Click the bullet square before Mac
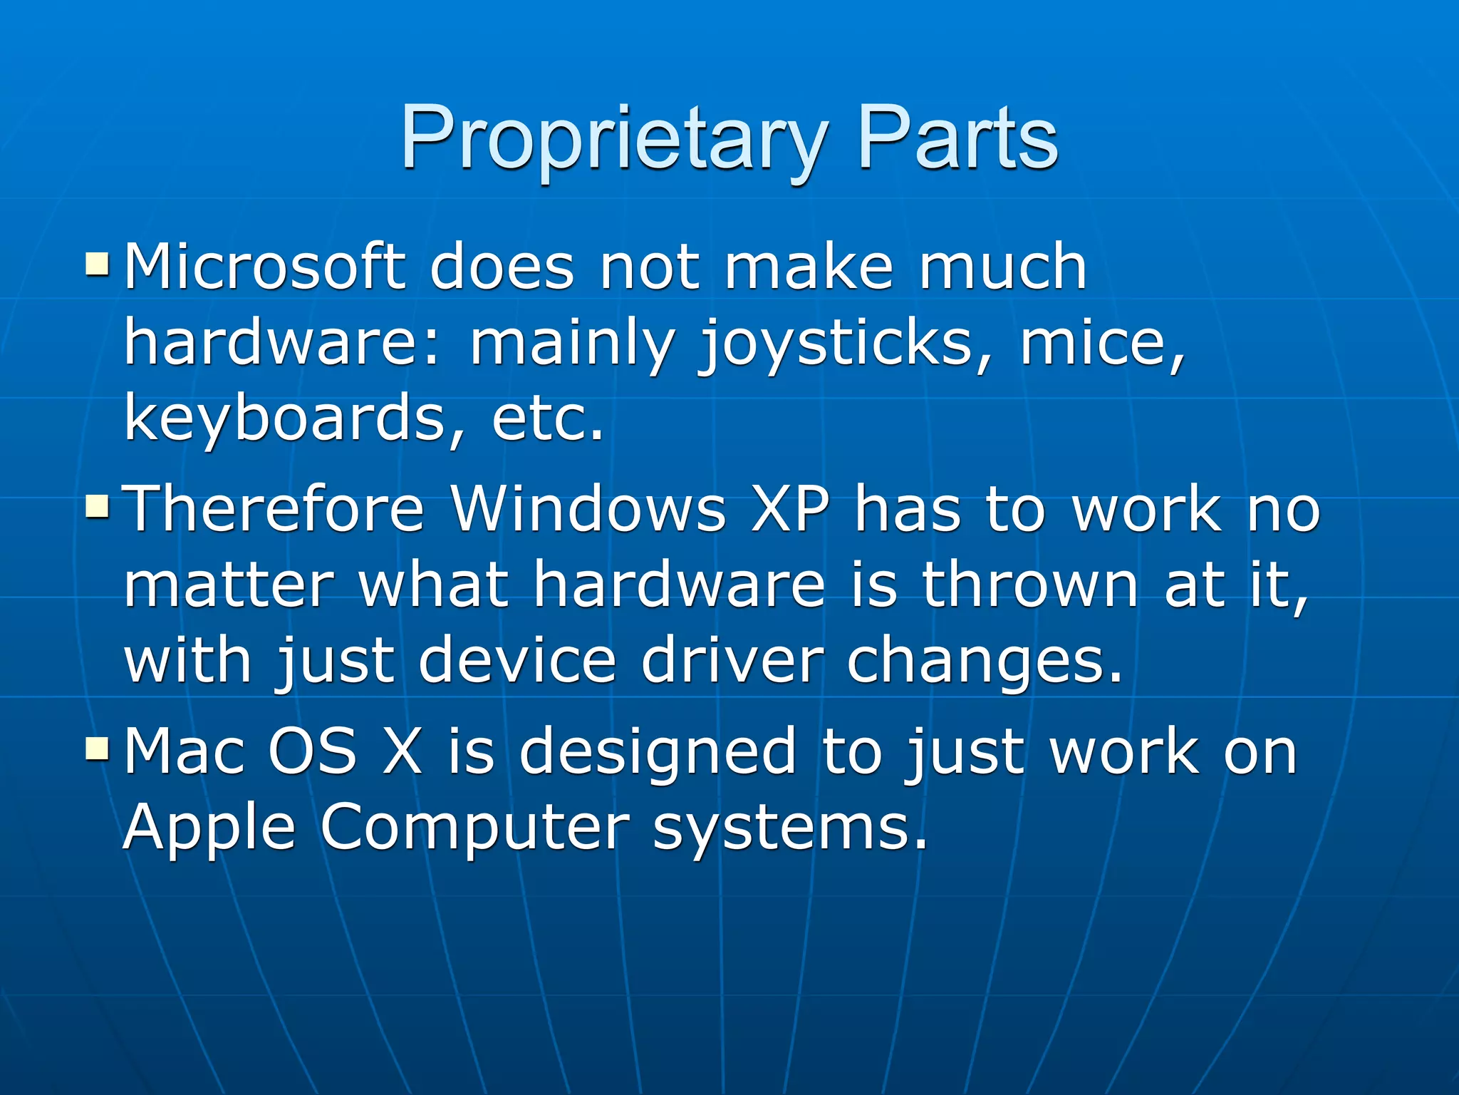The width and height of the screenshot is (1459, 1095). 97,749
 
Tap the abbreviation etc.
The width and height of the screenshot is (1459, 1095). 547,418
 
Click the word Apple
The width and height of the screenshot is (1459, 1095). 209,828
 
